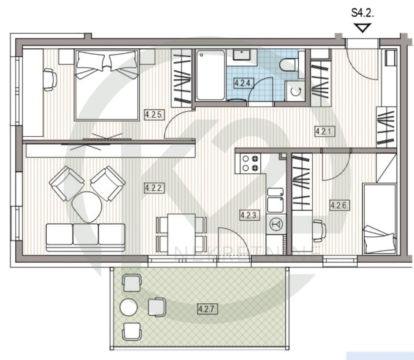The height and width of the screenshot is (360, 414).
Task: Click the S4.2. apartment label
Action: coord(362,13)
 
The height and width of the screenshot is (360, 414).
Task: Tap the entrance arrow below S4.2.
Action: coord(363,28)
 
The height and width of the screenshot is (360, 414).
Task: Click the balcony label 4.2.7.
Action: coord(207,309)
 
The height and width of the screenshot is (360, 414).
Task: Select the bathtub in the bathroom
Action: coord(210,75)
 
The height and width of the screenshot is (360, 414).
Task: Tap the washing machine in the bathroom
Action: coord(295,91)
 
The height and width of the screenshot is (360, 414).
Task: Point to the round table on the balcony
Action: coord(129,307)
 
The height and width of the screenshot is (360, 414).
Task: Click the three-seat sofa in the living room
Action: coord(85,237)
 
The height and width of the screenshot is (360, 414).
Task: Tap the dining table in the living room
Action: coord(182,234)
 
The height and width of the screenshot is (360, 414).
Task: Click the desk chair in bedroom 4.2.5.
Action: coord(50,80)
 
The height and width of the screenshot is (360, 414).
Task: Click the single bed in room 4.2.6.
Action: coord(380,219)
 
